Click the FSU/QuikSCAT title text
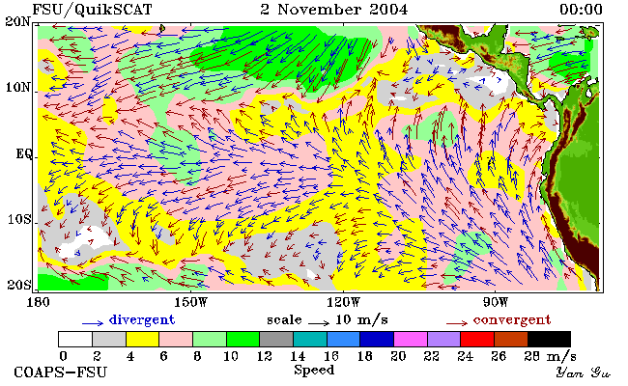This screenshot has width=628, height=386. (x=92, y=10)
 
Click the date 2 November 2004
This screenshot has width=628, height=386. (x=333, y=10)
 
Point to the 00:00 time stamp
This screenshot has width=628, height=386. (x=581, y=10)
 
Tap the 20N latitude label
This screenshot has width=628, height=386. (x=18, y=21)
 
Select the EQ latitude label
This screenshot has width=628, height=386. (x=24, y=153)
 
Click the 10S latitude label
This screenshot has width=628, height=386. (x=18, y=219)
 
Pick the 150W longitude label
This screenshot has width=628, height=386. (x=191, y=302)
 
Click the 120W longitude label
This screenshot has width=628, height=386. (x=343, y=302)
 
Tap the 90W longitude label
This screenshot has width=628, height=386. (x=496, y=302)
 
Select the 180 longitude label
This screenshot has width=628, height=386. (x=38, y=302)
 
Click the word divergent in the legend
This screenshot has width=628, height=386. (x=142, y=320)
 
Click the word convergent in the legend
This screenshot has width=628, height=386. (x=512, y=320)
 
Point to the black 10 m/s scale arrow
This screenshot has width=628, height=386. (x=319, y=322)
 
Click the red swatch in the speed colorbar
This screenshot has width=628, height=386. (x=477, y=339)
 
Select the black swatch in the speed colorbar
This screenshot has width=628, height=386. (x=549, y=339)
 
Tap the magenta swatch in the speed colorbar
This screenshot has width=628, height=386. (x=411, y=339)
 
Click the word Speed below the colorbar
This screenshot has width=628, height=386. (x=314, y=370)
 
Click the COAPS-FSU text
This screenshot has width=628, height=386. (x=61, y=372)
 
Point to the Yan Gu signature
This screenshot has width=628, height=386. (x=584, y=372)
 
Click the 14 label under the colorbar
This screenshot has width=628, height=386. (x=298, y=355)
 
